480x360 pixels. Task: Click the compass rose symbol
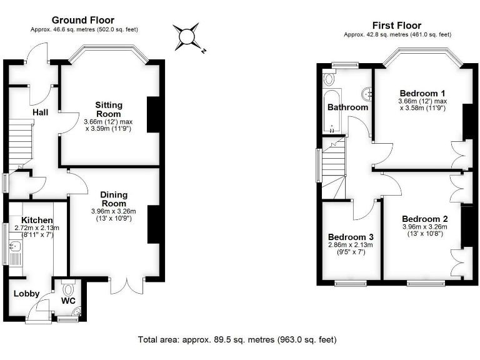(x=187, y=37)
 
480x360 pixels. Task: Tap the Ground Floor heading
(x=83, y=20)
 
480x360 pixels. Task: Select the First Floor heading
(x=397, y=26)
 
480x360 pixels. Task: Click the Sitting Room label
(x=109, y=109)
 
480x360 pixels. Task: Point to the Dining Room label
(x=114, y=199)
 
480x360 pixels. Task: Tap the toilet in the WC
(x=68, y=288)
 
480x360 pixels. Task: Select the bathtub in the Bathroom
(x=331, y=111)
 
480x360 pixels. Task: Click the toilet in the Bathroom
(x=329, y=78)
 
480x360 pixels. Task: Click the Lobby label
(x=27, y=294)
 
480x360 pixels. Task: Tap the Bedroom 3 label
(x=351, y=237)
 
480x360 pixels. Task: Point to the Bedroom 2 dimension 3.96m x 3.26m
(x=424, y=227)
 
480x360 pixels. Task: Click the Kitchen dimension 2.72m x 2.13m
(x=37, y=227)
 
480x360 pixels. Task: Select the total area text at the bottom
(x=237, y=339)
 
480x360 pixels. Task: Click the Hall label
(x=41, y=112)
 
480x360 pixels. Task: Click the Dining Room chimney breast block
(x=154, y=224)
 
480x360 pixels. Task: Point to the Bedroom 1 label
(x=422, y=93)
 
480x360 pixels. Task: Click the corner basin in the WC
(x=77, y=311)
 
